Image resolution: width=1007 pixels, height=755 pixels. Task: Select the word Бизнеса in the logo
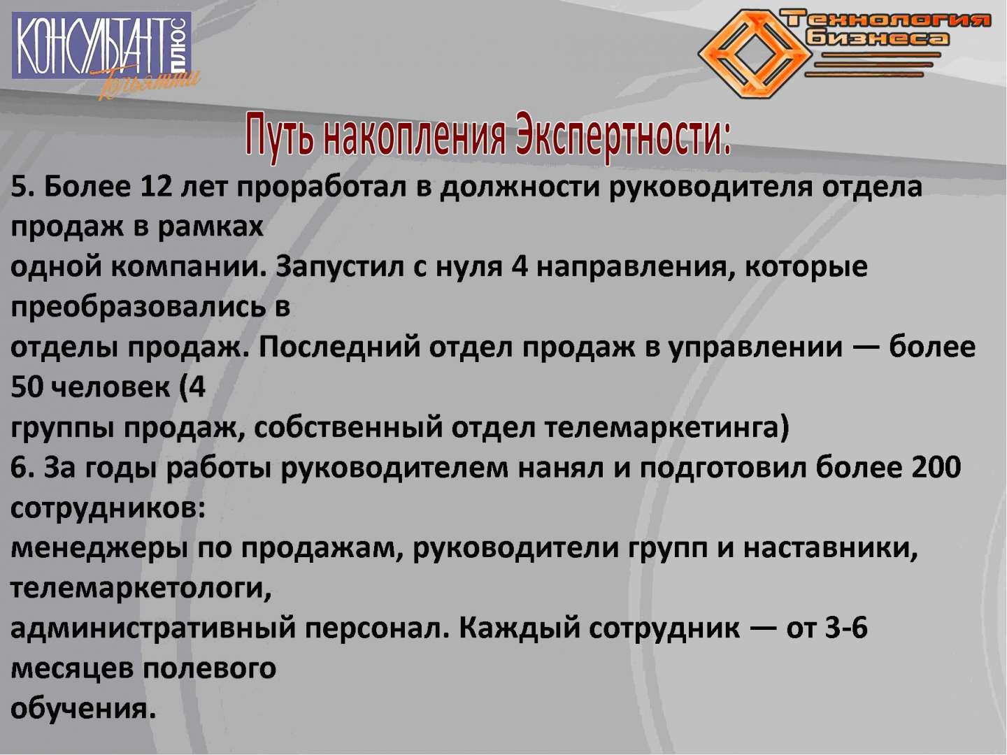878,38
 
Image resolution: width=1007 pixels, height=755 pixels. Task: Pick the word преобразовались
138,306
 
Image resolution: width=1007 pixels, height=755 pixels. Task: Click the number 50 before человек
27,387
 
